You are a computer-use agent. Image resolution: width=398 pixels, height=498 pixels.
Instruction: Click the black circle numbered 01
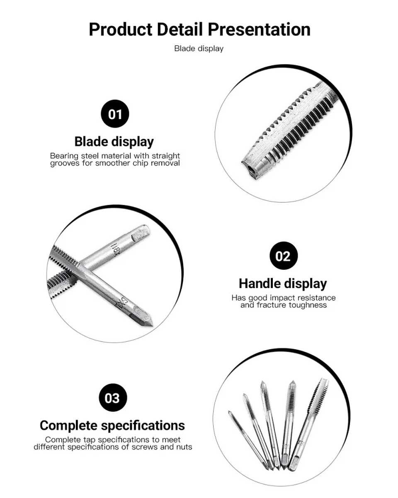(115, 114)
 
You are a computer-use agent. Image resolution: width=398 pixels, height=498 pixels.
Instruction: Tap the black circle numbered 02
(283, 256)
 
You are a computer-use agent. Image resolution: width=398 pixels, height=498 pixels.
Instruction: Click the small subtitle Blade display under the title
(199, 48)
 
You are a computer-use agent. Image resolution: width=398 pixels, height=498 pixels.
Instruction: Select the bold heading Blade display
(114, 142)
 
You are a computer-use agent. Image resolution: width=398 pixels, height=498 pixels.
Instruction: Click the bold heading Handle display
(283, 284)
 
